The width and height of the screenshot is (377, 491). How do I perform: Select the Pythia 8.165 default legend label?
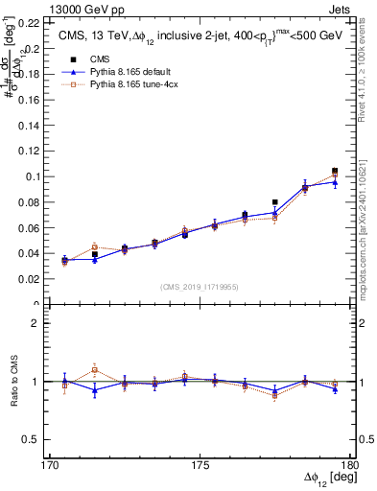click(122, 72)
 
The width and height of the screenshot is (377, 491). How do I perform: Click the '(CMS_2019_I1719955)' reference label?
click(199, 285)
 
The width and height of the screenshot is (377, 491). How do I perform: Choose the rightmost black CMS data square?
click(335, 171)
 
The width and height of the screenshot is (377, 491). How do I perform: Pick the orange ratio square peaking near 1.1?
click(95, 370)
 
